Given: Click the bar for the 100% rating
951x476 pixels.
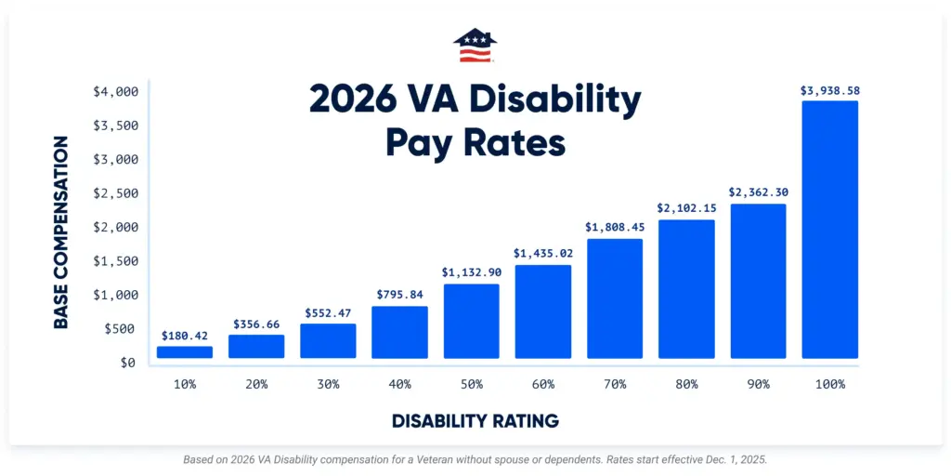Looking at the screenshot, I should pos(829,230).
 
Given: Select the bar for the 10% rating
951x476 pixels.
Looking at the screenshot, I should pos(185,352).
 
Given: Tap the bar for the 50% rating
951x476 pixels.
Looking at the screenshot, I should pos(471,321).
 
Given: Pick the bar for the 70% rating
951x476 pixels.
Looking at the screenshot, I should pos(614,298).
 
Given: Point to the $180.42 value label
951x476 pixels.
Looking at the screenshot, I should pos(185,336).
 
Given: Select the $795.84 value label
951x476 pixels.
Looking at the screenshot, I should pos(399,295).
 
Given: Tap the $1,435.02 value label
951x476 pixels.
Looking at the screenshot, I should pos(543,253).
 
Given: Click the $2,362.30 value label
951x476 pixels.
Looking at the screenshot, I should pos(758,192).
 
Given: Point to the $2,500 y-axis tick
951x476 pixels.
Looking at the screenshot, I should pos(116,193).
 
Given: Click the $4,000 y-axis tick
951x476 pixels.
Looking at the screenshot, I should pos(116,92).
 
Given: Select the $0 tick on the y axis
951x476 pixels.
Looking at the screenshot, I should pos(128,363).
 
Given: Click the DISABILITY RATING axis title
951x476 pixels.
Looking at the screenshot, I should pos(475,421).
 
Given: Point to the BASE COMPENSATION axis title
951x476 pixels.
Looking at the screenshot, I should pos(61,232).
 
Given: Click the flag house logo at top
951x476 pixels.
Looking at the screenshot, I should pos(475,46).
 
